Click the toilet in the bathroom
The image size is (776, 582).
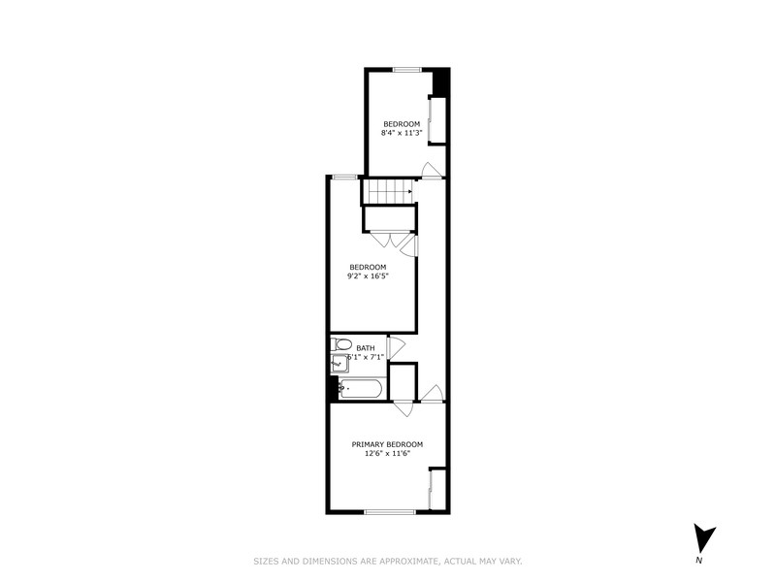coord(342,345)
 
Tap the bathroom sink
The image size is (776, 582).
coord(339,364)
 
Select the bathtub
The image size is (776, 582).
coord(361,388)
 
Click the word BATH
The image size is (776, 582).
coord(366,347)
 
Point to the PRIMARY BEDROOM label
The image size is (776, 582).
coord(387,444)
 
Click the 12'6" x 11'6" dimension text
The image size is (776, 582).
coord(387,453)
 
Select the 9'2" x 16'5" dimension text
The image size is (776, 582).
coord(369,275)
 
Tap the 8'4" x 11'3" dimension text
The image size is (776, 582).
coord(402,133)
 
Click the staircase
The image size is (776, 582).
coord(387,191)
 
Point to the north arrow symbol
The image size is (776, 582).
coord(705,537)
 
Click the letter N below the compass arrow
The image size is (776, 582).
coord(699,560)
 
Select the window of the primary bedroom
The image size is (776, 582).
coord(389,511)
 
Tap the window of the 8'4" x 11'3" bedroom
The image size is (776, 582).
coord(406,68)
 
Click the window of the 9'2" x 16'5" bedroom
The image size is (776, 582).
coord(343,176)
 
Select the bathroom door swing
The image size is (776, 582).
coord(395,349)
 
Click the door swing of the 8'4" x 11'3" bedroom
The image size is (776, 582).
coord(433,170)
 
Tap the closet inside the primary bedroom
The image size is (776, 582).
coord(436,489)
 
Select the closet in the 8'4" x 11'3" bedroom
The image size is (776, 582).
coord(437,119)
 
